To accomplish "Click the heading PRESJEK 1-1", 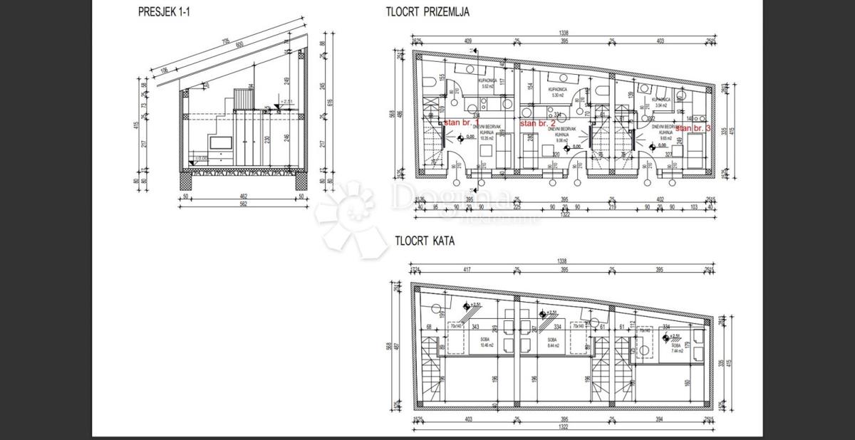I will tap(161, 11).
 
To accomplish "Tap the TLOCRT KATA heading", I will tap(425, 241).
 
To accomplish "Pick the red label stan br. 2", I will tap(538, 123).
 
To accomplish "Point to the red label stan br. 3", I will tap(693, 128).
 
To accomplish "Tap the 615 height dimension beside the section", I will tap(331, 103).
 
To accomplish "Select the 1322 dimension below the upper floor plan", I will tap(563, 430).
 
